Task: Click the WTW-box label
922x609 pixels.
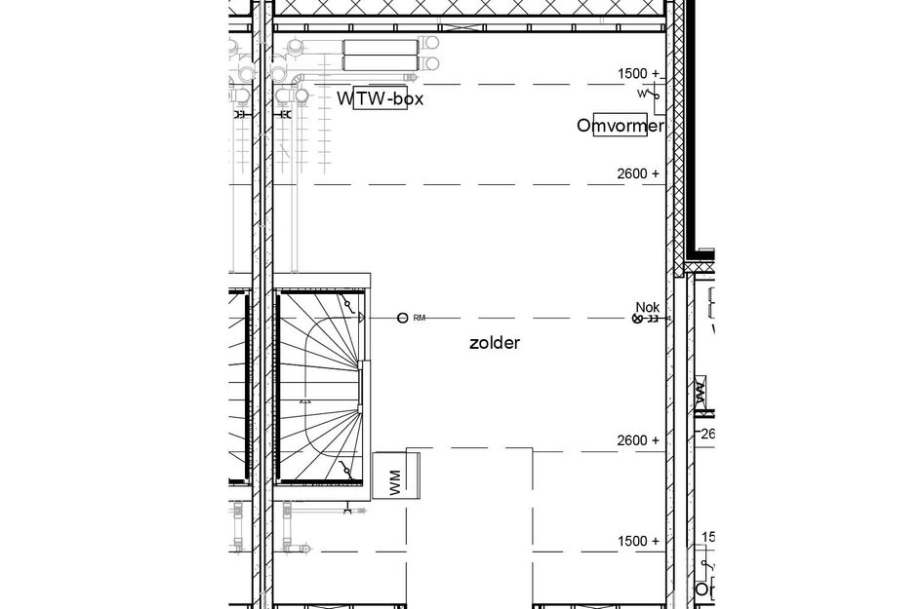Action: click(381, 98)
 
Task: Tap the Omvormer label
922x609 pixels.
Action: click(621, 126)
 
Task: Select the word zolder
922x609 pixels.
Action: click(495, 343)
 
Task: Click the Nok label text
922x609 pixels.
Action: click(647, 306)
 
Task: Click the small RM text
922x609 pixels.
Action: click(420, 318)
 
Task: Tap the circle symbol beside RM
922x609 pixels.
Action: click(402, 318)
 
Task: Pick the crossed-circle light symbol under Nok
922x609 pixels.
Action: click(639, 319)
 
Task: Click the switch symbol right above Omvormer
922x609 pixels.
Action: click(649, 95)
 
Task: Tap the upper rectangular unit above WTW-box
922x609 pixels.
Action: click(381, 48)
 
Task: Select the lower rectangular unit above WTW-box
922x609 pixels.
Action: click(381, 64)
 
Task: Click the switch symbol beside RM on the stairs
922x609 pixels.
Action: click(348, 305)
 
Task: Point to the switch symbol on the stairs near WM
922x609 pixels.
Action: click(345, 471)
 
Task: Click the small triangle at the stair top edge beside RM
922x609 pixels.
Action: click(361, 318)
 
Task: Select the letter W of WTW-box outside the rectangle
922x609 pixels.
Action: click(345, 98)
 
